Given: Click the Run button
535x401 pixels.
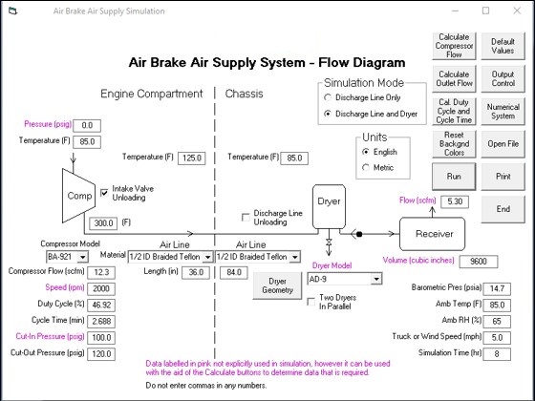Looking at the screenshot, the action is coord(454,177).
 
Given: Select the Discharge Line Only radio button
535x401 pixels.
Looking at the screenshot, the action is coord(328,97).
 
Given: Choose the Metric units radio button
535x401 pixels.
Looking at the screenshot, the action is coord(366,167).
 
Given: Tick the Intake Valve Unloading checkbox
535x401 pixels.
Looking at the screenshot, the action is coord(104,193).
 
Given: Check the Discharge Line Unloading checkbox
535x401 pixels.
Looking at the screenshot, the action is coord(246,218).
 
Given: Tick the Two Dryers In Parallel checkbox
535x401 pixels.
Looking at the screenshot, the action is coord(311,302).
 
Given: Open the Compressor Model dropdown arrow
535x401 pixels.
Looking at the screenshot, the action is coord(82,257).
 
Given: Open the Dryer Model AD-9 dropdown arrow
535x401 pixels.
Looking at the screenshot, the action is coord(376,279).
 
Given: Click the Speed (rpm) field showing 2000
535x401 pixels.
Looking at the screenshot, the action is coord(101,288).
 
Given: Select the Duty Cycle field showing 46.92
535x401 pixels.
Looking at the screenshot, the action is coord(101,305).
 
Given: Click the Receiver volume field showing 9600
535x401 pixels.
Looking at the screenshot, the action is coord(479,262).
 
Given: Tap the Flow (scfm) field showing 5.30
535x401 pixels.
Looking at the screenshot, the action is coord(455,201).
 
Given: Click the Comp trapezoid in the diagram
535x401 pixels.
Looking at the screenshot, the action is coord(78,196).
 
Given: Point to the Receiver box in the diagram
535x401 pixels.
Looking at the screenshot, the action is coord(432,234).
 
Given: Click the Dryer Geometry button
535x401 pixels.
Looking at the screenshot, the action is coord(277,285).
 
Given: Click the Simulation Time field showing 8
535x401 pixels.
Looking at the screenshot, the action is coord(497,354).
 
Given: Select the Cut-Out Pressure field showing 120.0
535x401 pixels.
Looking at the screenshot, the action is coord(101,354).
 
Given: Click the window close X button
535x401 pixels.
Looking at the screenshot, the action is coord(517,11).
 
